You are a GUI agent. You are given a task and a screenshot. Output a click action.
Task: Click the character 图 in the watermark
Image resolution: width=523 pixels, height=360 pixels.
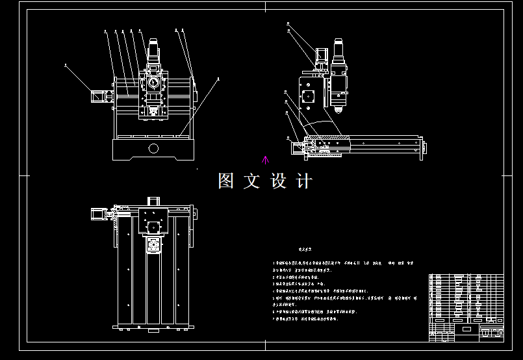[226, 181]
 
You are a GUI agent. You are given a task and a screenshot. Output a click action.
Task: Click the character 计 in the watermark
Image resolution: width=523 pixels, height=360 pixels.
[303, 181]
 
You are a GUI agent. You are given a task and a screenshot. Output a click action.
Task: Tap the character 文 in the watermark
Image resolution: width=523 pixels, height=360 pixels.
[252, 181]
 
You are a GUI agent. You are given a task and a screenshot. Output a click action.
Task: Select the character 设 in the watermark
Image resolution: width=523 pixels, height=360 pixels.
[278, 181]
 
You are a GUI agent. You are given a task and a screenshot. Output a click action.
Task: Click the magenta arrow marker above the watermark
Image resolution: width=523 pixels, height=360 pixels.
[264, 160]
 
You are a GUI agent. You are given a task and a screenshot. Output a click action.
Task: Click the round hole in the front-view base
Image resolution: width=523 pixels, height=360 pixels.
[153, 148]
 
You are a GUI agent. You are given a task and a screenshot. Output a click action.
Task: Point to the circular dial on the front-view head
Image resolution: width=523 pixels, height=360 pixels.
[153, 83]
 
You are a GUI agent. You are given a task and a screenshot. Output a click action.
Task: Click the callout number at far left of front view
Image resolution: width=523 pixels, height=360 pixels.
[66, 64]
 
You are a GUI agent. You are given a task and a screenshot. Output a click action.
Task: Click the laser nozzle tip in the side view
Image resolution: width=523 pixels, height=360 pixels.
[338, 109]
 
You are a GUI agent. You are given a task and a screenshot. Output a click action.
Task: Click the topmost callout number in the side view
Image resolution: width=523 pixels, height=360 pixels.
[288, 24]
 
